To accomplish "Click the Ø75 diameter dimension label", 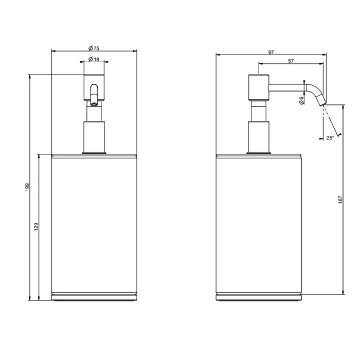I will (94, 47).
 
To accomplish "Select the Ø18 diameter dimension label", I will (94, 60).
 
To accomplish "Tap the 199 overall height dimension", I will (27, 188).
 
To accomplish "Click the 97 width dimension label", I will (271, 52).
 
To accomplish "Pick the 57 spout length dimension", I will (291, 61).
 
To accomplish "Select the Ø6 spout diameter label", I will (301, 101).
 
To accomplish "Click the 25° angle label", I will (330, 137).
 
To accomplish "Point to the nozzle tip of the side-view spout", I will (322, 102).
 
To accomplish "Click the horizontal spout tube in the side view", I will (288, 88).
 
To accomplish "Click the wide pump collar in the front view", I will (95, 136).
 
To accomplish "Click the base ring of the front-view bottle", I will (95, 298).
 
